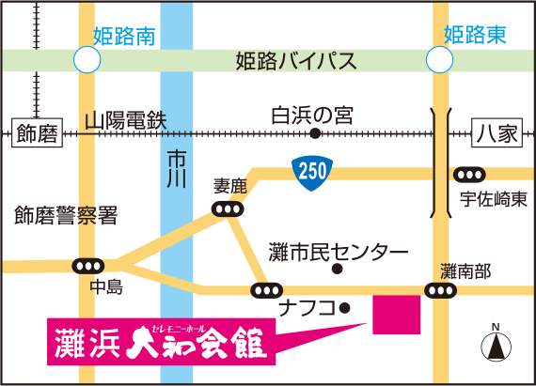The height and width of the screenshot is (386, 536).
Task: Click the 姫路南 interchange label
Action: (124, 36)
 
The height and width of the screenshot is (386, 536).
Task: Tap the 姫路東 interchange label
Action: (475, 36)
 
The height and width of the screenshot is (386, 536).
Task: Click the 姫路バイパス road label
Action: (295, 63)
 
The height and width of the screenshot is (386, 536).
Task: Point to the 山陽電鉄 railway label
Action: (125, 120)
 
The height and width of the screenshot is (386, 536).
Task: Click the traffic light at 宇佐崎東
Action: (469, 176)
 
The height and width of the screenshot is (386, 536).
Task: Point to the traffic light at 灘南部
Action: (439, 292)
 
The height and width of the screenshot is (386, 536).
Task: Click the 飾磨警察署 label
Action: (66, 216)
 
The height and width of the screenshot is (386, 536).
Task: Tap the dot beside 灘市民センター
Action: (338, 271)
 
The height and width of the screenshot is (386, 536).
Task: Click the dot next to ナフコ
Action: (345, 307)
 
